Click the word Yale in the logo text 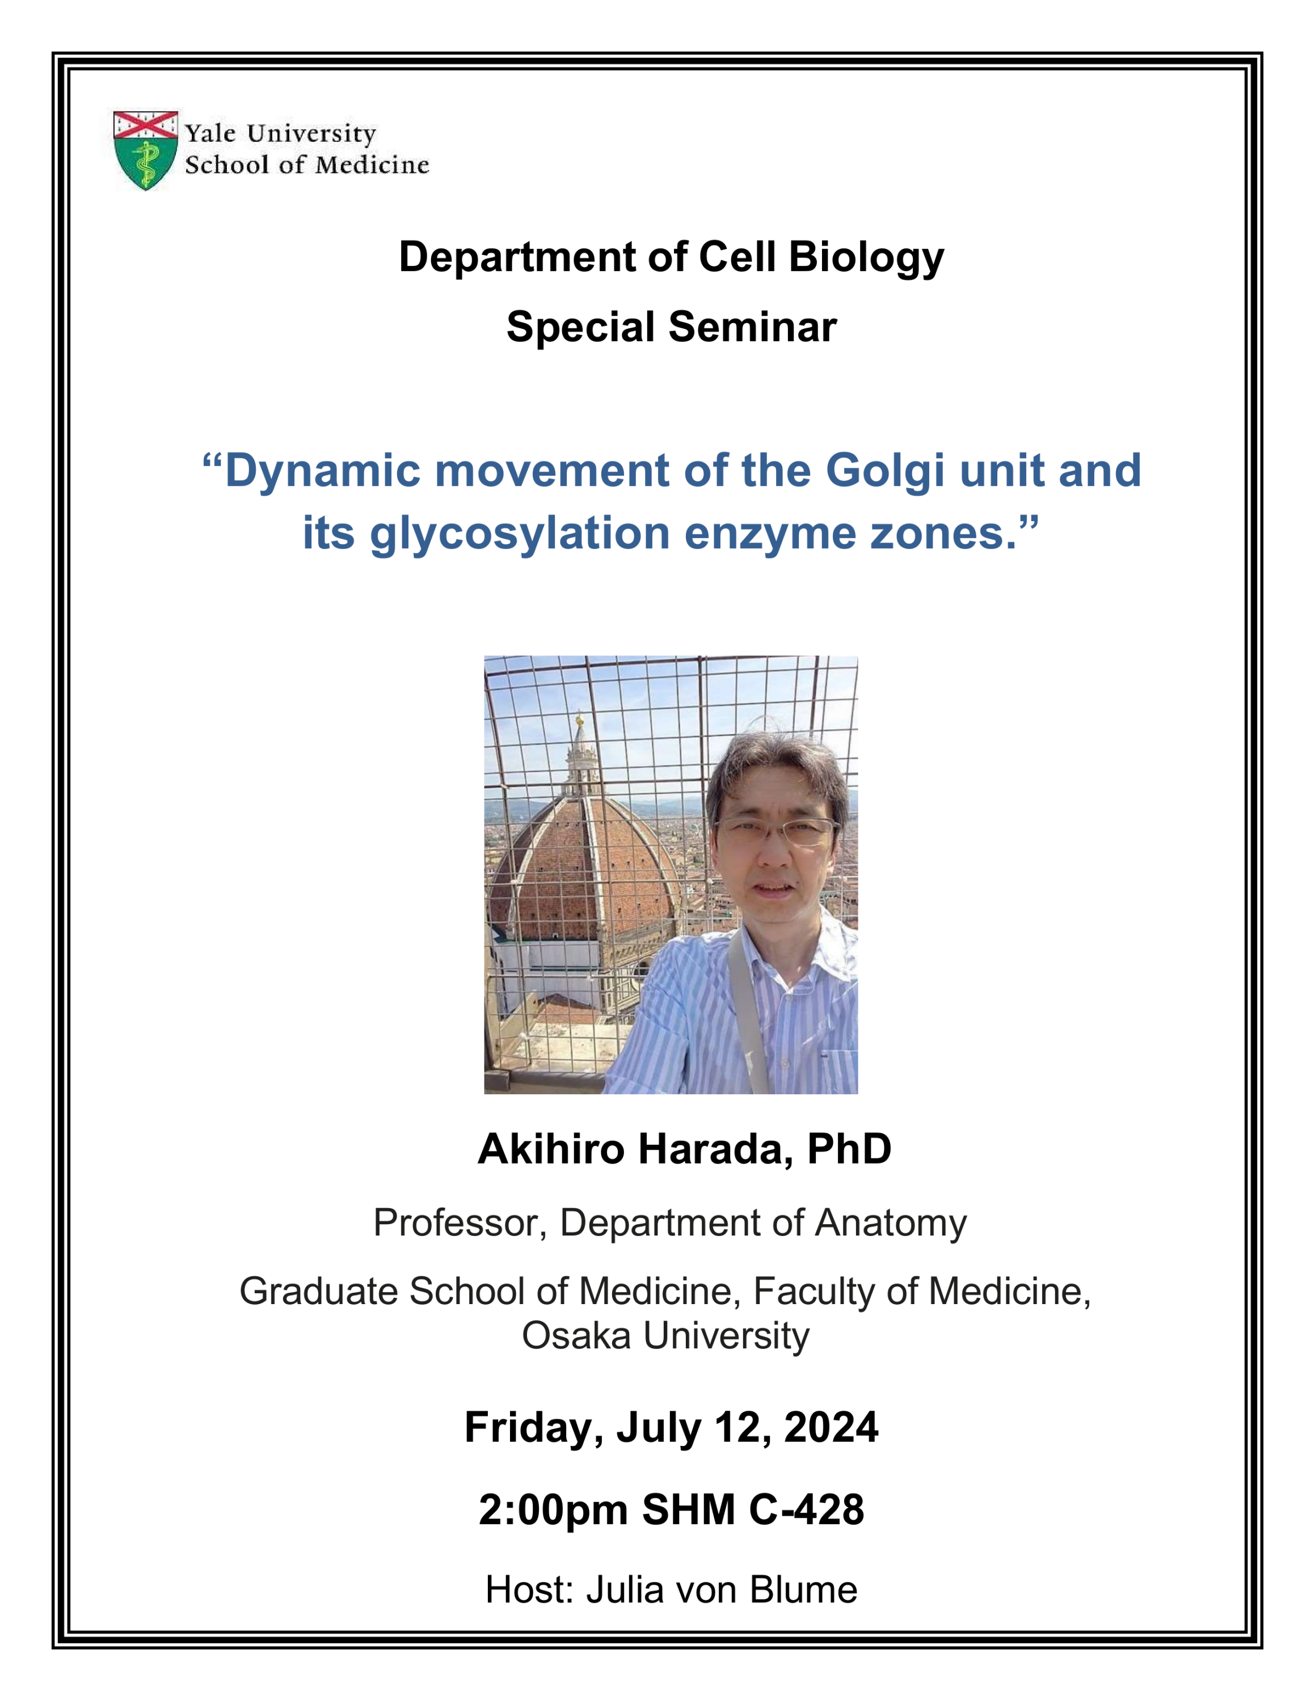point(210,133)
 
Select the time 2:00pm point(553,1509)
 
